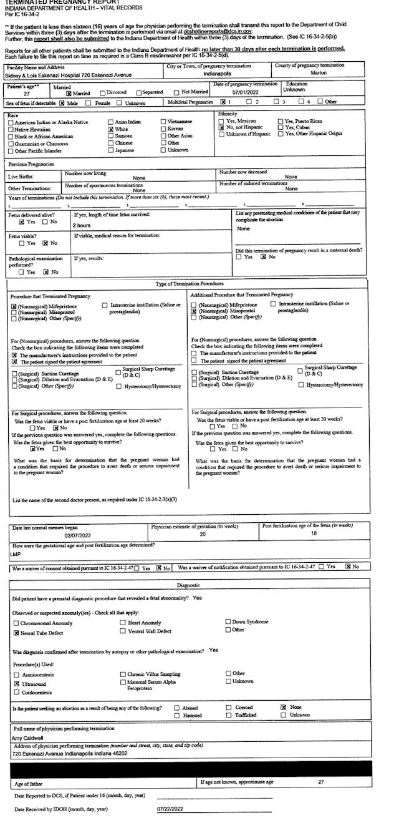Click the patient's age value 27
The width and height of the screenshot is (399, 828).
[x=18, y=93]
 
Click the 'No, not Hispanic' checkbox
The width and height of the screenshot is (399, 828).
[x=221, y=127]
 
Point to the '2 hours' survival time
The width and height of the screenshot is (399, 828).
[x=82, y=225]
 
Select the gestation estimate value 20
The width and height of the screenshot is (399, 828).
[x=203, y=534]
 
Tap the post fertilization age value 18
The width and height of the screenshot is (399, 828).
[x=314, y=534]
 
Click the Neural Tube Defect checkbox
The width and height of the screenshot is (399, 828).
[x=16, y=632]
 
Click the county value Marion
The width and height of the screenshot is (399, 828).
[x=319, y=73]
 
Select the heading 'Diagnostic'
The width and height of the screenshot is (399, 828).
[x=188, y=585]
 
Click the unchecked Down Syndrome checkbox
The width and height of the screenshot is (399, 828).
[x=228, y=622]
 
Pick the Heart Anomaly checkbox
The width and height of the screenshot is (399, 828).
[x=123, y=623]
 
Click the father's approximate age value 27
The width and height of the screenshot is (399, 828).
[x=320, y=781]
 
